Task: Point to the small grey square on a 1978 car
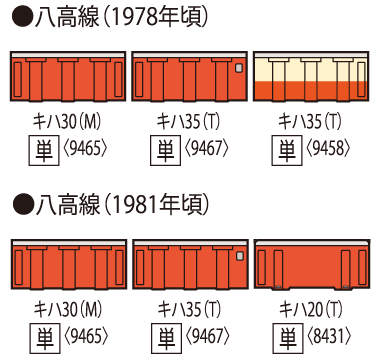[x=238, y=69]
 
